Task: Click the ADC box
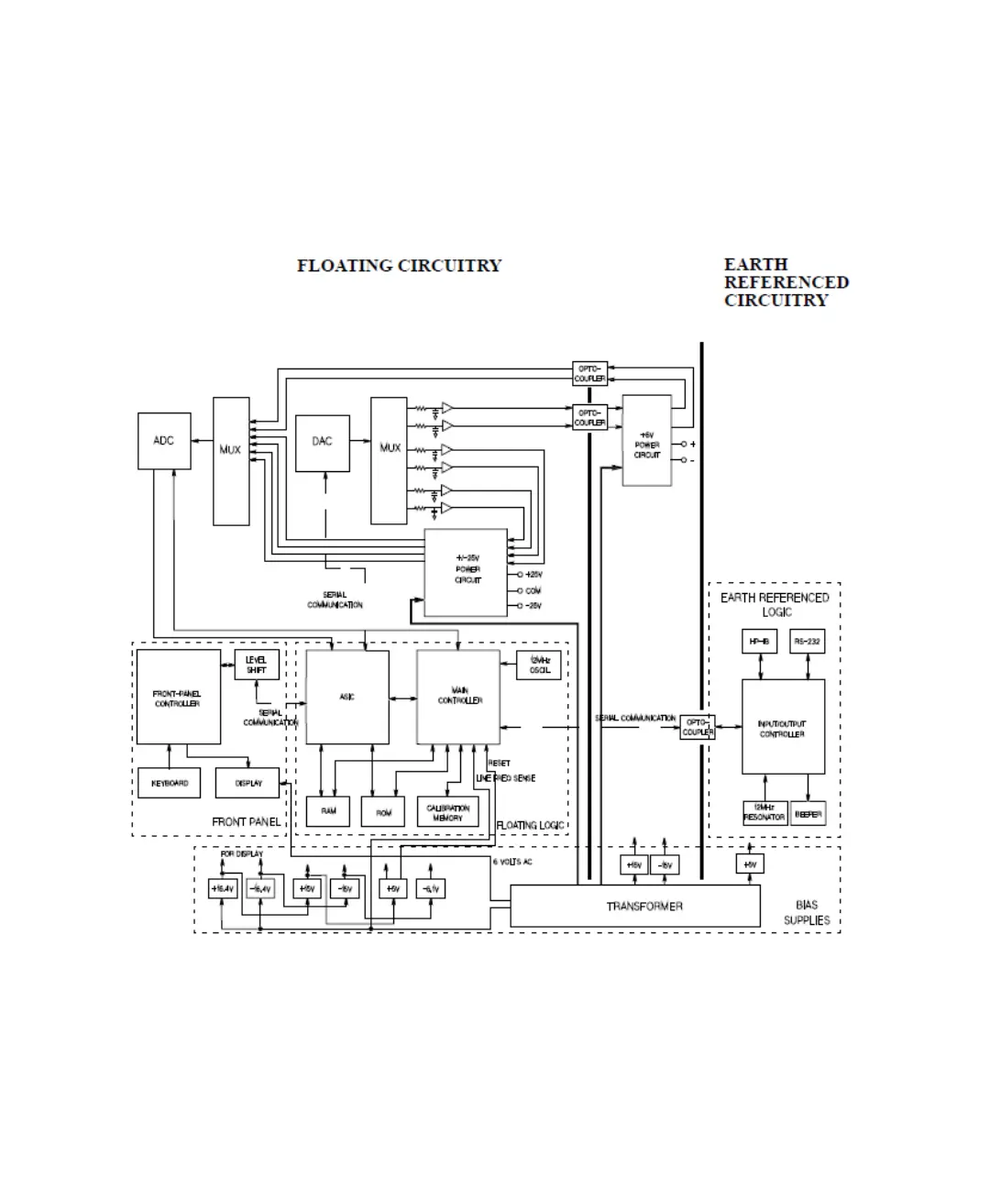pos(164,441)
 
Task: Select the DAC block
pos(322,442)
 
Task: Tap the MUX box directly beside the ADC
pos(231,461)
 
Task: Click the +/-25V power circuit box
pos(466,572)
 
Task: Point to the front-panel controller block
pos(178,698)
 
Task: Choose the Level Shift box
pos(257,665)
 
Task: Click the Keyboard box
pos(170,784)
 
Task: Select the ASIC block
pos(347,698)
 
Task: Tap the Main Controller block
pos(458,698)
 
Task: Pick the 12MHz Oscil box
pos(540,665)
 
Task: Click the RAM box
pos(328,811)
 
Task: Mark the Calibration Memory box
pos(447,812)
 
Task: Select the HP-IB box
pos(759,642)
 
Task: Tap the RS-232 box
pos(808,642)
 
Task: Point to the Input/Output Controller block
pos(783,728)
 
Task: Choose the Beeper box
pos(808,813)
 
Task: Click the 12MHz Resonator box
pos(764,813)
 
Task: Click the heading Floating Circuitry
pos(400,266)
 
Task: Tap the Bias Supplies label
pos(807,912)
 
